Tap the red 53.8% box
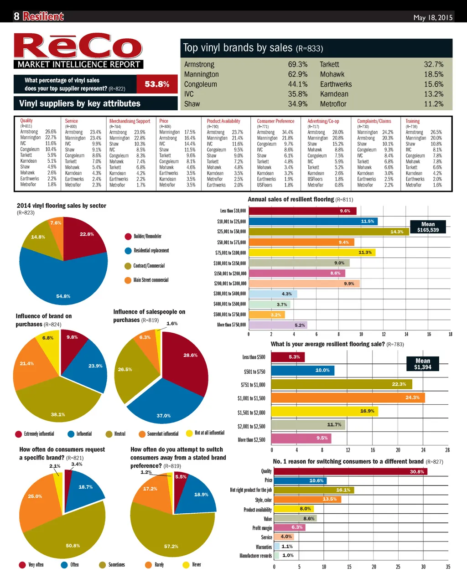[157, 84]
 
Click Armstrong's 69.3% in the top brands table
[297, 65]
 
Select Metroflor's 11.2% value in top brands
[433, 104]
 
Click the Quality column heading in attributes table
[26, 121]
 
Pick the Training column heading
[412, 121]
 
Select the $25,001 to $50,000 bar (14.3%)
[328, 232]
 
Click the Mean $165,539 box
[428, 227]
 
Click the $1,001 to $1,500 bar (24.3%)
[348, 398]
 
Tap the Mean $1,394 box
[423, 364]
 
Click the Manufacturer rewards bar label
[255, 556]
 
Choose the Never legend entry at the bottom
[192, 565]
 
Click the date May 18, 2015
[433, 17]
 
